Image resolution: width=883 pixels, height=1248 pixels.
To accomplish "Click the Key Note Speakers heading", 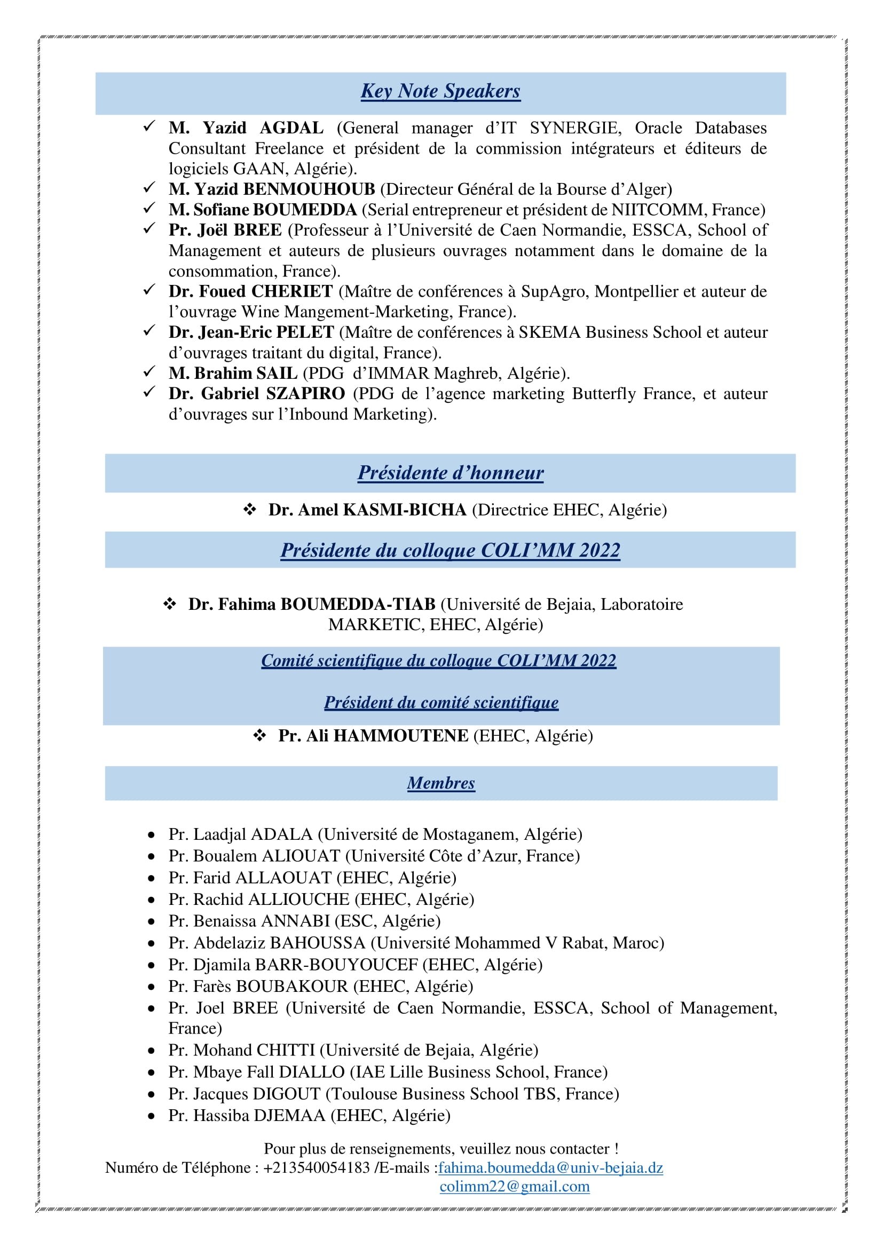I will pos(440,91).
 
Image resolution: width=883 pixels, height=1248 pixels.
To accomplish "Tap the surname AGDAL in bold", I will pos(291,128).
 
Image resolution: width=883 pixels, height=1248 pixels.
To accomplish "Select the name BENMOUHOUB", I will pos(309,189).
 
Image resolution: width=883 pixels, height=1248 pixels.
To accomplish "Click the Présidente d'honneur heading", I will pos(450,473).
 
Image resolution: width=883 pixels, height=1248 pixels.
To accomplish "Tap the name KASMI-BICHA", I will pos(405,510).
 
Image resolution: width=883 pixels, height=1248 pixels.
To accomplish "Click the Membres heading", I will pos(441,783).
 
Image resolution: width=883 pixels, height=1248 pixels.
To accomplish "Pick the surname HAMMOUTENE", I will pos(401,736).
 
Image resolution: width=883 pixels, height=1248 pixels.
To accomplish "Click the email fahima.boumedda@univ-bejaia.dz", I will pos(551,1167).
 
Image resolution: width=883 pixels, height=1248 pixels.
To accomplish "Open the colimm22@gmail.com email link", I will pos(514,1187).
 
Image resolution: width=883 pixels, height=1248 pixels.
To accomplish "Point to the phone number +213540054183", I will pos(317,1167).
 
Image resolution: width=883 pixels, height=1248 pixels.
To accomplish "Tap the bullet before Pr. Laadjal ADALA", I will pos(152,835).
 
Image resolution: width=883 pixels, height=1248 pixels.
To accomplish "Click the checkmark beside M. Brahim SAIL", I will pos(149,372).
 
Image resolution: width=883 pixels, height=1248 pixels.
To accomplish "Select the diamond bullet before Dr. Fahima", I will pos(170,604).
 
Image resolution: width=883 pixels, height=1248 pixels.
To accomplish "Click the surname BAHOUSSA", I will pos(318,942).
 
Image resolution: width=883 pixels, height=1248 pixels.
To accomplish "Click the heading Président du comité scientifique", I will pos(441,702).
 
